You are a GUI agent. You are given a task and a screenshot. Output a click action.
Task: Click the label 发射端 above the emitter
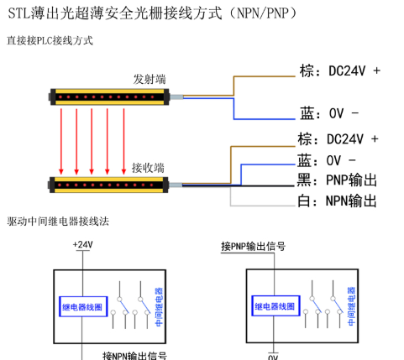(150, 79)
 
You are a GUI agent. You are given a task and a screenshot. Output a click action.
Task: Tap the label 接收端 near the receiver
(148, 168)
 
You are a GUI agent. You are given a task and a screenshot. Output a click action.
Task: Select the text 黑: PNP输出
(337, 180)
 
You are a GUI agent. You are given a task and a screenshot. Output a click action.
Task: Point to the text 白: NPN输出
(337, 201)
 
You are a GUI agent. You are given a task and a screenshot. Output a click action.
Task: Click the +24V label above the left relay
(82, 244)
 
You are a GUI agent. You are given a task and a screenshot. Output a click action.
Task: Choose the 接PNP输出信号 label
(253, 247)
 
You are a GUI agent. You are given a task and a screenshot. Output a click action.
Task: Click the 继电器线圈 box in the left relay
(83, 306)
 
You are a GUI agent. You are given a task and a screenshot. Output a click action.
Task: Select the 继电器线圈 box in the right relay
(275, 306)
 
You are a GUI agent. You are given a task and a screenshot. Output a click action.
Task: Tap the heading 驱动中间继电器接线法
(58, 222)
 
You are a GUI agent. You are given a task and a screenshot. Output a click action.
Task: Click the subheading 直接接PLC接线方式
(50, 40)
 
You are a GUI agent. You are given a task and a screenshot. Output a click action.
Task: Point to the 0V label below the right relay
(273, 357)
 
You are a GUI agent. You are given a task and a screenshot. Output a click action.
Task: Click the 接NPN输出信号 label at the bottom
(134, 356)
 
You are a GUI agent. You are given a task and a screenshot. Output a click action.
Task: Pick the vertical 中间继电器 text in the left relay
(159, 307)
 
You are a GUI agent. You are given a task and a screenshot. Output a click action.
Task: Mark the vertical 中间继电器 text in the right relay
(351, 306)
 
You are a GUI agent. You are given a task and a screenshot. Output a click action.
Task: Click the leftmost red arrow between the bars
(61, 142)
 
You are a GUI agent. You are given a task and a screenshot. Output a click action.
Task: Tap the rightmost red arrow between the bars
(123, 142)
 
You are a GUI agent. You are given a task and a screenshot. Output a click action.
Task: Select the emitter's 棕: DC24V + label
(340, 70)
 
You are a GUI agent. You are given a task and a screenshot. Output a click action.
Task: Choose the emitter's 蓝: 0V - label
(329, 113)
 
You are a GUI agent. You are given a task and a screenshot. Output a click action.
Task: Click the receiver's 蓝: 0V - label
(327, 160)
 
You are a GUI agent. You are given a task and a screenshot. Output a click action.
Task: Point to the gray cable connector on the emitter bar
(176, 97)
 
